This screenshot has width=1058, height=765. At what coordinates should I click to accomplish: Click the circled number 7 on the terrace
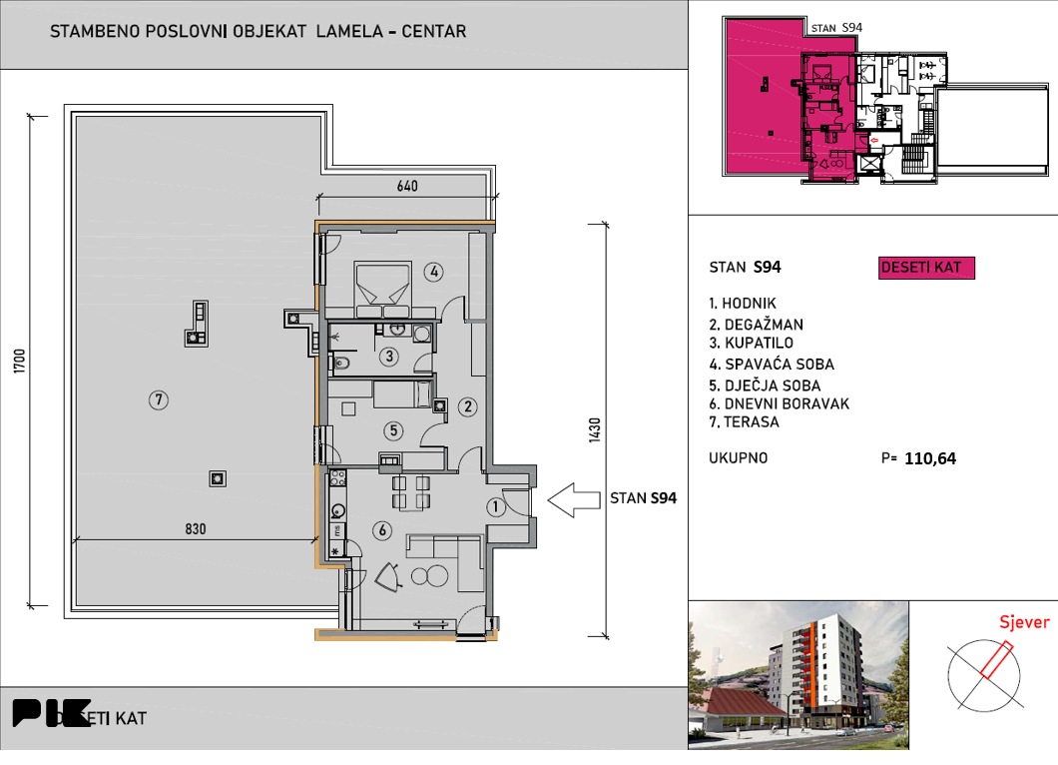coord(159,399)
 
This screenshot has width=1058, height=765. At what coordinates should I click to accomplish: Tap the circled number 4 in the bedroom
coord(434,272)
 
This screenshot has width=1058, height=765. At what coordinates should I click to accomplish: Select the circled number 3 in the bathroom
coord(388,356)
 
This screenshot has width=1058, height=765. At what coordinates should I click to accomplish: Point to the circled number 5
coord(393,430)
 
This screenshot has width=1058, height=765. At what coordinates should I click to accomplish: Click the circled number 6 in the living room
coord(382,530)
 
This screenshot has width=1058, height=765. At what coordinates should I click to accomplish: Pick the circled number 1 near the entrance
coord(496,506)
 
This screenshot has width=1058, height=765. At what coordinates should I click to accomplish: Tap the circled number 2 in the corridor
coord(467,406)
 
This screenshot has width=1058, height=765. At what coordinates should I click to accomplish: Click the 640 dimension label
coord(407,186)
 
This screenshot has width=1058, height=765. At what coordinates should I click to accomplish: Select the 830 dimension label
coord(195,528)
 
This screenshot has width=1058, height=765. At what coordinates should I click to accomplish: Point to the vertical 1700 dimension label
coord(19,362)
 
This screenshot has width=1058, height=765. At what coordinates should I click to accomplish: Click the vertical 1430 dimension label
coord(595,430)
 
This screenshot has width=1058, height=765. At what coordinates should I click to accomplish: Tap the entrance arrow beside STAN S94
coord(574,500)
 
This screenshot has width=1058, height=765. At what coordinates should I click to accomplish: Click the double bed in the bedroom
coord(383,290)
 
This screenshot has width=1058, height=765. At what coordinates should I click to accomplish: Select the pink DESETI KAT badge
coord(926,268)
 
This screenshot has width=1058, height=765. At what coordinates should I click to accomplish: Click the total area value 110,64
coord(930,458)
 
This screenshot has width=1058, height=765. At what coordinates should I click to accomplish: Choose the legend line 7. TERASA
coord(744,422)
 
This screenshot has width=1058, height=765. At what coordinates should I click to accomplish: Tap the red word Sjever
coord(1024,622)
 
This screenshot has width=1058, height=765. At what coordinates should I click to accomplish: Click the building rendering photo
coord(798,675)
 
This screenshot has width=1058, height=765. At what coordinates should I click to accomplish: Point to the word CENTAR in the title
coord(434,32)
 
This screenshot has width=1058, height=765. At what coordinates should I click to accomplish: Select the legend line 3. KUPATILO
coord(751,343)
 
